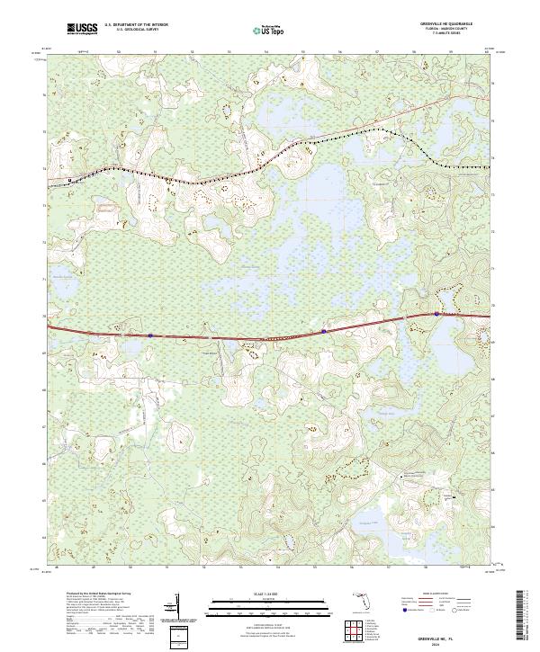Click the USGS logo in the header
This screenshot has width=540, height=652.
[x=82, y=30]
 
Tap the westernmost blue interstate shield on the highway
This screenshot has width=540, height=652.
[x=151, y=335]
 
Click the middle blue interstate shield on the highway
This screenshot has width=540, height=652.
[x=323, y=332]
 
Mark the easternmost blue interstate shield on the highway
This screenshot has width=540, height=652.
[x=436, y=314]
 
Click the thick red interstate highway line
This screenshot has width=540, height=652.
[x=234, y=338]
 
